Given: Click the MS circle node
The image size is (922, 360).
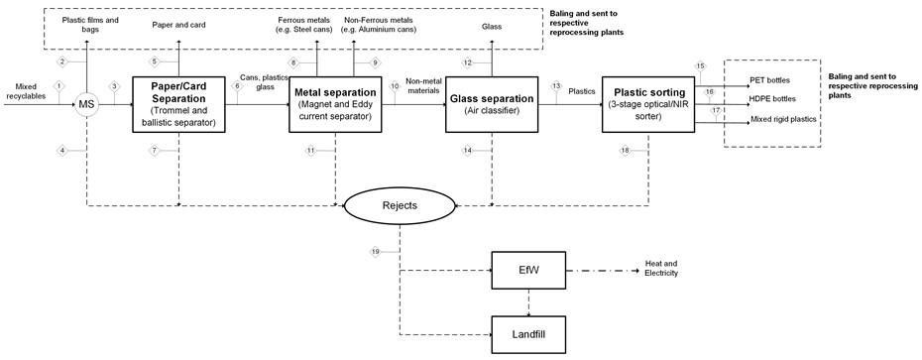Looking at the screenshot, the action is (x=87, y=105).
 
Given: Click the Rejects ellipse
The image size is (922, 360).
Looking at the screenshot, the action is (x=400, y=206).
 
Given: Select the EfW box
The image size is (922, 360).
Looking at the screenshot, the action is (x=528, y=271).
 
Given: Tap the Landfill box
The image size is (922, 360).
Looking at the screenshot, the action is (x=528, y=334).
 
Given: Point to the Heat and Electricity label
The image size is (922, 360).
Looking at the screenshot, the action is (x=661, y=269).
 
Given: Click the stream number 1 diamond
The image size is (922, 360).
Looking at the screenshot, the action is (x=58, y=86).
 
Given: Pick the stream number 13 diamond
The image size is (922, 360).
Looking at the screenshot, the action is (x=555, y=86).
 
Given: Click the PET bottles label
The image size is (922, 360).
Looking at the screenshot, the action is (x=769, y=79).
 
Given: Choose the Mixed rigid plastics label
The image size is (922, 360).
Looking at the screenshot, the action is (x=783, y=119).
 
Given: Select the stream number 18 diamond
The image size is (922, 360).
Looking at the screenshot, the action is (x=626, y=151).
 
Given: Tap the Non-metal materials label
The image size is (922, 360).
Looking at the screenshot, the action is (x=422, y=86).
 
